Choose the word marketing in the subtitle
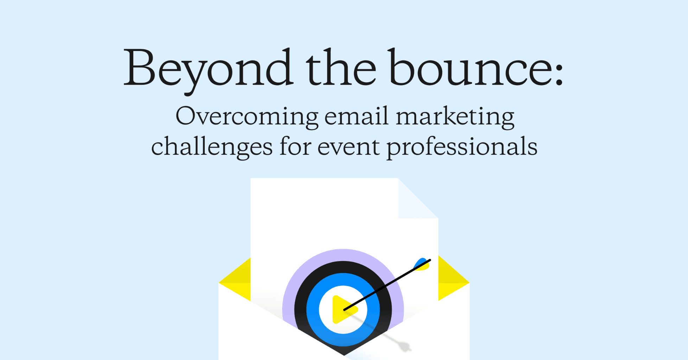(455, 117)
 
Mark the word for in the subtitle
(295, 146)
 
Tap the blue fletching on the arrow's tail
(421, 264)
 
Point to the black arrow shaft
(387, 285)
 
